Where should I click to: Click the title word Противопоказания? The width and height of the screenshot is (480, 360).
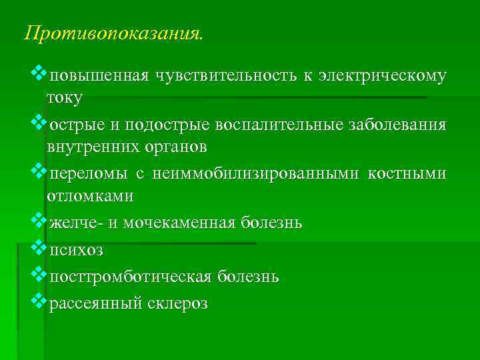click(111, 34)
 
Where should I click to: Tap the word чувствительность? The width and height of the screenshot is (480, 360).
click(225, 75)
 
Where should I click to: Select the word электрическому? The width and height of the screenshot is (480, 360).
click(383, 75)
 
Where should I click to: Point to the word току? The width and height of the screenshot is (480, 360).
click(64, 97)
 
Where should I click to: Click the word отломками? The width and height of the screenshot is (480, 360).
click(90, 196)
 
